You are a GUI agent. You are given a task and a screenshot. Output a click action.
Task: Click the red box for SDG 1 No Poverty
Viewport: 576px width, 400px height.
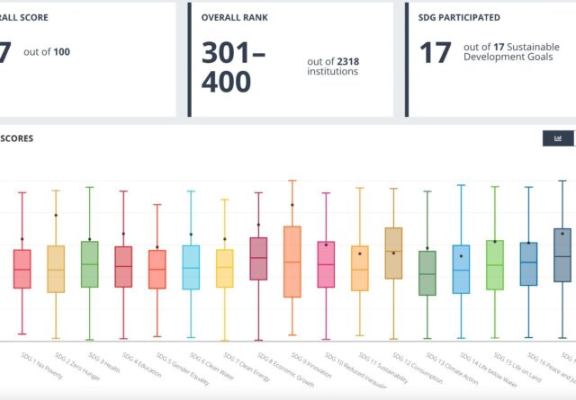pyautogui.click(x=22, y=269)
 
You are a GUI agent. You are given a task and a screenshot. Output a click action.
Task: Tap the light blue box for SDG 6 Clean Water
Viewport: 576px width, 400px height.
pyautogui.click(x=191, y=267)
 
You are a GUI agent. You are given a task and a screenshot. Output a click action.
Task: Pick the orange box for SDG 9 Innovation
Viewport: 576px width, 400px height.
pyautogui.click(x=292, y=262)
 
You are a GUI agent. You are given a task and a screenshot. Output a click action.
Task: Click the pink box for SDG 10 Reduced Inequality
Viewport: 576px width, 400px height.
pyautogui.click(x=326, y=264)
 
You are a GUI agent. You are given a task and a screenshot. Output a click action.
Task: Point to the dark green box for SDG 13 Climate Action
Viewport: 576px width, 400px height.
pyautogui.click(x=427, y=273)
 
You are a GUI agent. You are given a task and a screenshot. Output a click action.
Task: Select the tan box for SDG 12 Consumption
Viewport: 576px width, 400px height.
pyautogui.click(x=393, y=253)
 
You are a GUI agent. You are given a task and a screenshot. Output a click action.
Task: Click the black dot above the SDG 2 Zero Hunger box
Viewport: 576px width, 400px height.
pyautogui.click(x=56, y=215)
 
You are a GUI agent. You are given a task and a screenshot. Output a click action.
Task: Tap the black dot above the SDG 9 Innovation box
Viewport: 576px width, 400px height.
pyautogui.click(x=292, y=205)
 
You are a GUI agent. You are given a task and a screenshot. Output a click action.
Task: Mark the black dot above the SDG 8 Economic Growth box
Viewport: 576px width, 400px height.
pyautogui.click(x=258, y=225)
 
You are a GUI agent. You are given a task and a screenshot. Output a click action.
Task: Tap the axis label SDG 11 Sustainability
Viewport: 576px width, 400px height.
pyautogui.click(x=377, y=368)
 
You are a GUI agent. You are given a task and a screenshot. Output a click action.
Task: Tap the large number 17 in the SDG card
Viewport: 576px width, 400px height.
pyautogui.click(x=436, y=53)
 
